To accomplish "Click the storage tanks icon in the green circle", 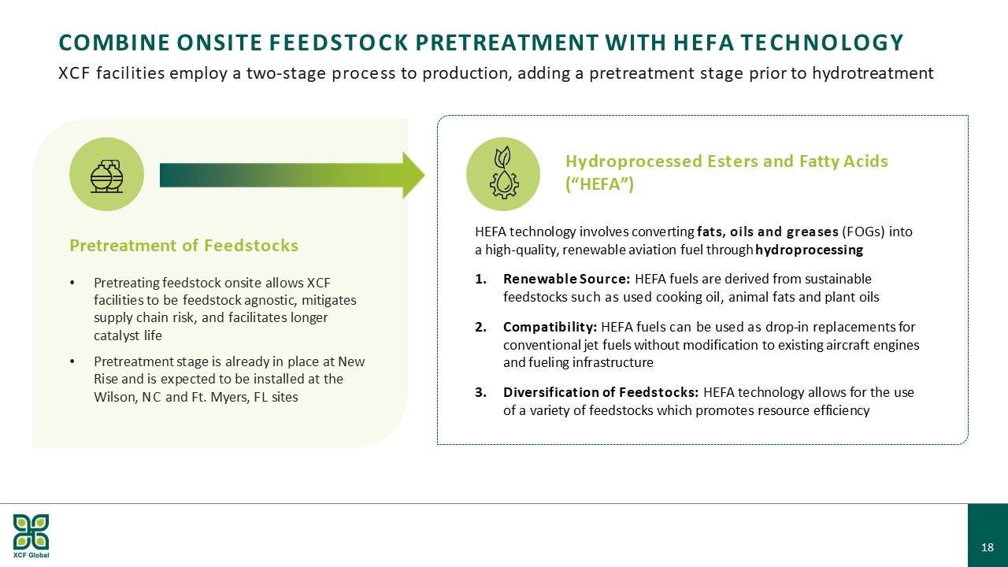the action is coord(106,176).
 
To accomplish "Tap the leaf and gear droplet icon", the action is coord(503,172).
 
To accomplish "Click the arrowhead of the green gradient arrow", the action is coord(413,175).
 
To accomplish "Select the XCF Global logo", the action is coord(31,535).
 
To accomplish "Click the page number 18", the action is coord(988,547).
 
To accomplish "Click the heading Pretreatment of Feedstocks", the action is coord(183,245).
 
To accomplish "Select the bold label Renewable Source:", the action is coord(566,279).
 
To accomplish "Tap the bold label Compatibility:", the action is coord(550,327).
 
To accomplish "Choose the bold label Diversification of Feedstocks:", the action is coord(601,392).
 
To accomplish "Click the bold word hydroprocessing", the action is coord(809,250).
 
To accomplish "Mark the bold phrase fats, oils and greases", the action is coord(768,232).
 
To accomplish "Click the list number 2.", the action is coord(480,327).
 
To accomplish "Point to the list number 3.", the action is coord(480,393).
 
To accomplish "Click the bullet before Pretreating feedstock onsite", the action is coord(72,283).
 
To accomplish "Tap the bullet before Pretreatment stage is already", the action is coord(72,361).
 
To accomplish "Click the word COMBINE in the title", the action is coord(114,43).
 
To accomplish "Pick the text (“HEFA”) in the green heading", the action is coord(599,183).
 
